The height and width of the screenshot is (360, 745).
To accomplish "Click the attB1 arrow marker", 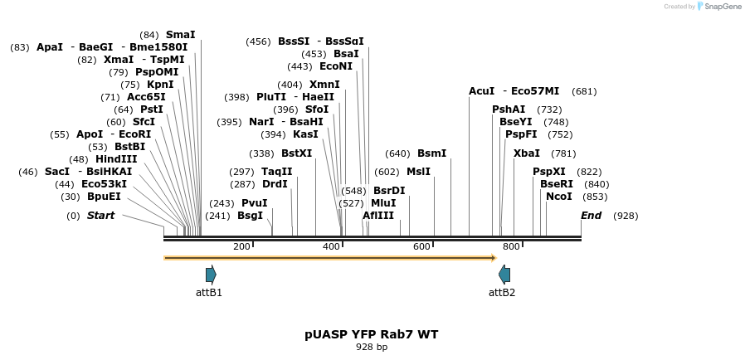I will click(211, 275).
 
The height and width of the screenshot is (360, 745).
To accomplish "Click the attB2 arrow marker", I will click(504, 275).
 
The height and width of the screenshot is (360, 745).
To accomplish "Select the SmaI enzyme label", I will click(180, 35).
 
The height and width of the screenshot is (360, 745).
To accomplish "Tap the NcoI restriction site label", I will click(558, 197).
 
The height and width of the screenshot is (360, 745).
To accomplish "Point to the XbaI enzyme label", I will click(526, 153).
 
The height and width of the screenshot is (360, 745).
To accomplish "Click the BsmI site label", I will click(431, 153).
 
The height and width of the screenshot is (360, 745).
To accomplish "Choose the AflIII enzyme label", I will click(378, 216).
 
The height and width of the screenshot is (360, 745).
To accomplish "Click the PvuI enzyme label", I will click(254, 203).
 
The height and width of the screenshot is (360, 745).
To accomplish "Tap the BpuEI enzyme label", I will click(103, 197).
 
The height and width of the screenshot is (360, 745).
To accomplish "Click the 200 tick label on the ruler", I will click(241, 246).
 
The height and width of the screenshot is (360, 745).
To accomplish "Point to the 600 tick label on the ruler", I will click(421, 246).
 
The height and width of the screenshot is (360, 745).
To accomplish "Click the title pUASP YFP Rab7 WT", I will click(371, 334).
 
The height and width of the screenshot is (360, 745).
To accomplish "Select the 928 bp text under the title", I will click(372, 347).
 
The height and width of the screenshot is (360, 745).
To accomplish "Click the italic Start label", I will click(100, 216).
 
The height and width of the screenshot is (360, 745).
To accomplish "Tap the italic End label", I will click(591, 216).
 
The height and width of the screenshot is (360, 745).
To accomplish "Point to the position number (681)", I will click(584, 91).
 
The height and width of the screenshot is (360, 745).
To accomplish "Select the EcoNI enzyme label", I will click(335, 66).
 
